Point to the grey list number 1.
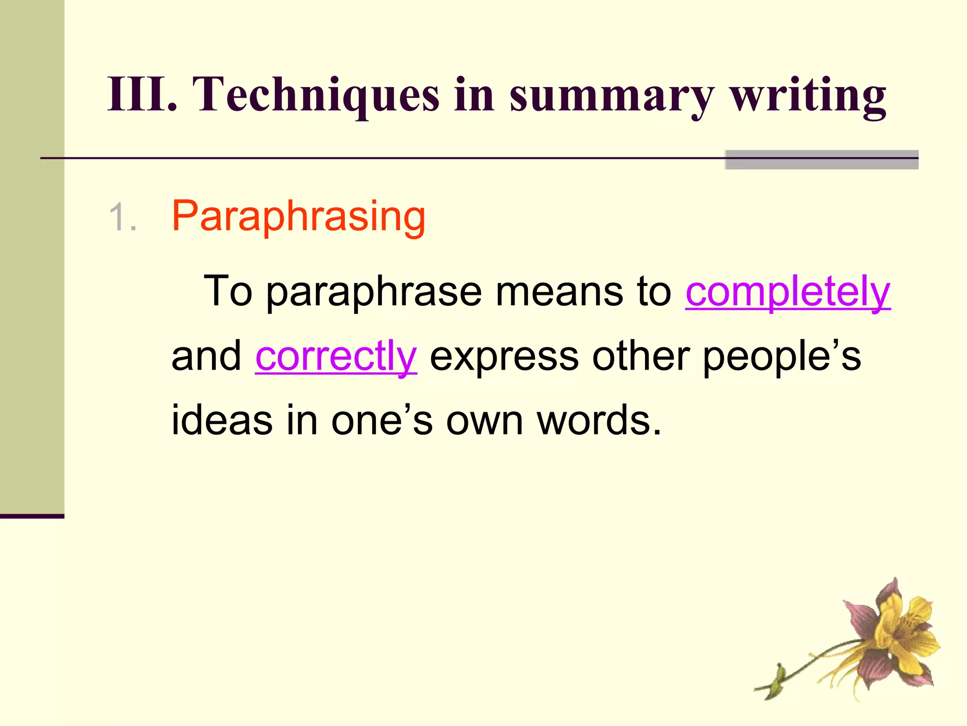pyautogui.click(x=122, y=217)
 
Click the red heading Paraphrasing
pyautogui.click(x=298, y=217)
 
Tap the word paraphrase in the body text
pyautogui.click(x=374, y=292)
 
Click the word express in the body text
pyautogui.click(x=504, y=357)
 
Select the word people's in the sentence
pyautogui.click(x=781, y=357)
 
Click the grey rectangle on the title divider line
pyautogui.click(x=821, y=160)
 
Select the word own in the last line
pyautogui.click(x=484, y=421)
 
